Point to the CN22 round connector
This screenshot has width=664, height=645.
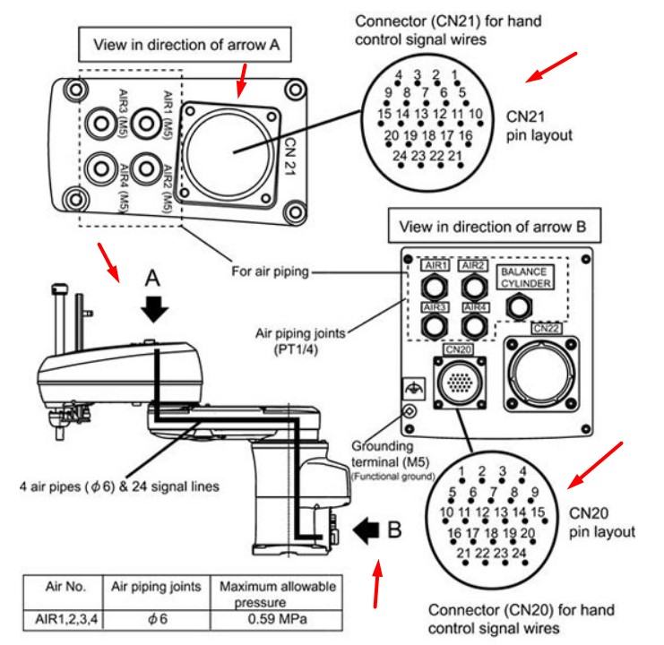point(545,371)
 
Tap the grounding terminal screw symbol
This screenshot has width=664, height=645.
point(409,412)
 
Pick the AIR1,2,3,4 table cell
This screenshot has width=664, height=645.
point(64,617)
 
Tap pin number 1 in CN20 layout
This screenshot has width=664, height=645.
point(461,472)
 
